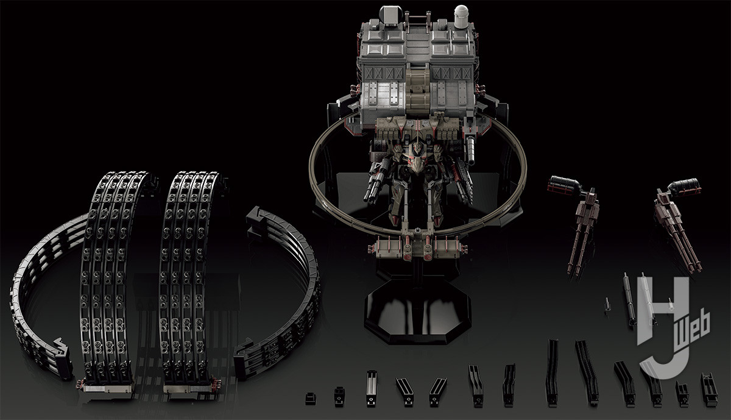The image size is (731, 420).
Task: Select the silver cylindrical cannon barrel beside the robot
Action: (x=470, y=149)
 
